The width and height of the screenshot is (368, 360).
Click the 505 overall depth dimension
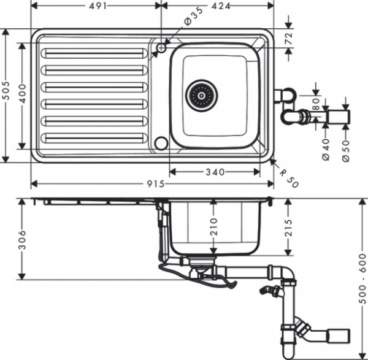point(6,96)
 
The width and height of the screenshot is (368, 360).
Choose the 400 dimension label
point(23,96)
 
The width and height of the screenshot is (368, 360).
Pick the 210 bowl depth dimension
point(212,228)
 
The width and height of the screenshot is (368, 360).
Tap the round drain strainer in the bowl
point(202,95)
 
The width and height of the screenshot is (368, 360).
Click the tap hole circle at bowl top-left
point(162,47)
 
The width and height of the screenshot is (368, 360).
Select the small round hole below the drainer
point(161,144)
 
